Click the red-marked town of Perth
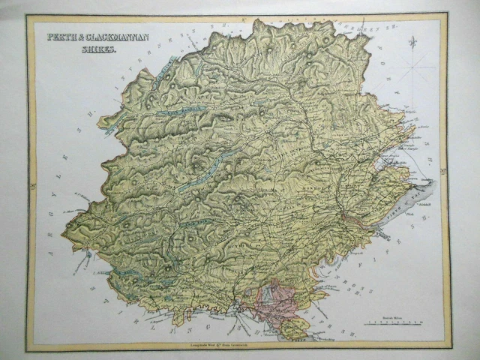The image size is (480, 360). pyautogui.click(x=347, y=217)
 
